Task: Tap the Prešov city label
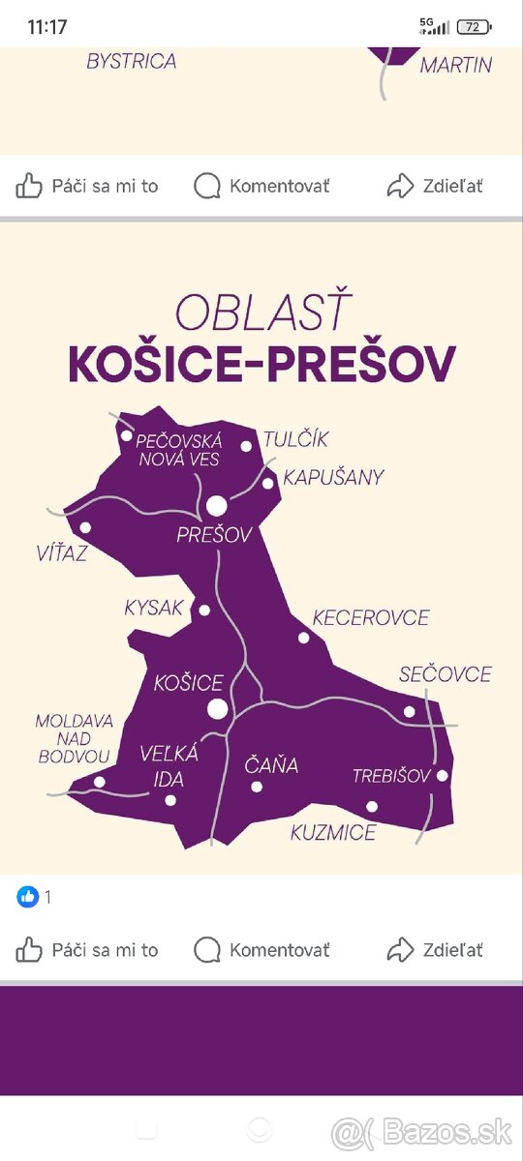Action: (x=214, y=535)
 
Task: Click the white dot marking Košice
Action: (x=218, y=709)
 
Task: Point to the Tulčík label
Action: (x=295, y=439)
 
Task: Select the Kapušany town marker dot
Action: (x=268, y=483)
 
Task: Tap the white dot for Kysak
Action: (x=204, y=610)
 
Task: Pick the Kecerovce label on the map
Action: (x=370, y=617)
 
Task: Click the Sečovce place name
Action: (x=445, y=674)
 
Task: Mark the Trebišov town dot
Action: (x=443, y=775)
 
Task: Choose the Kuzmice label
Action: (x=333, y=832)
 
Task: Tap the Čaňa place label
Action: (x=270, y=766)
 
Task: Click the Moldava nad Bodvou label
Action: (x=75, y=738)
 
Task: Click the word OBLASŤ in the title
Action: (x=261, y=313)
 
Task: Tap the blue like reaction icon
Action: (x=27, y=897)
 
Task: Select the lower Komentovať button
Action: (x=261, y=950)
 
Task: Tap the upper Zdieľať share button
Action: (x=435, y=186)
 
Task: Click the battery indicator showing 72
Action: (x=475, y=27)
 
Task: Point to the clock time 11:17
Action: (x=48, y=27)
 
